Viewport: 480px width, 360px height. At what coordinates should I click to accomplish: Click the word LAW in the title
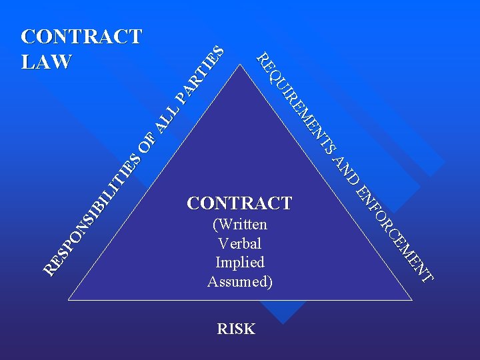click(x=47, y=61)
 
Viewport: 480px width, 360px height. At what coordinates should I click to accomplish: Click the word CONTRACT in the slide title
click(x=81, y=36)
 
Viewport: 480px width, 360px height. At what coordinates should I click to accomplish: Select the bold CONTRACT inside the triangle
click(x=239, y=203)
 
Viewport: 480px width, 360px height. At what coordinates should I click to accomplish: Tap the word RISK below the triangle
click(x=236, y=329)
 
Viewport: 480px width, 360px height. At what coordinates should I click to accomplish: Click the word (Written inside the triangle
click(x=239, y=225)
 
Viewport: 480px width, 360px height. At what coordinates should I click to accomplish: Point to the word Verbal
click(x=239, y=243)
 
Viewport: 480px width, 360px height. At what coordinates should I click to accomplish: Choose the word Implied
click(x=240, y=263)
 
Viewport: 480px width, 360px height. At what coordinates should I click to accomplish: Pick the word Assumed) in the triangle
click(x=240, y=281)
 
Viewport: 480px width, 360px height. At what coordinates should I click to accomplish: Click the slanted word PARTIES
click(x=200, y=74)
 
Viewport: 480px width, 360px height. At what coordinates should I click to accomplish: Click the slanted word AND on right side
click(x=346, y=170)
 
